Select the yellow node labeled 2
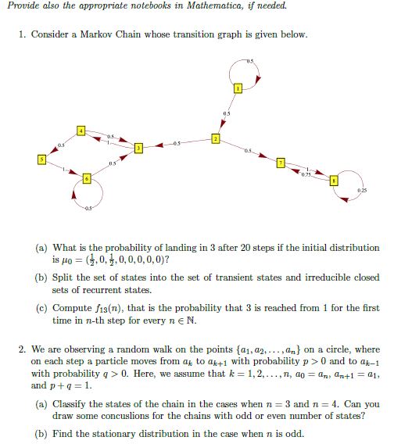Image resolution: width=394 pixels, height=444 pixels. coord(217,138)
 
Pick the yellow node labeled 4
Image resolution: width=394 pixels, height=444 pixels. coord(80,130)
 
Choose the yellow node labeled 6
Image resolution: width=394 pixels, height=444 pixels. coord(88,179)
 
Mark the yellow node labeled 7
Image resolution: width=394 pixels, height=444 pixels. coord(281,163)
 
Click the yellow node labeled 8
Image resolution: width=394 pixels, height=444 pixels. coord(334,178)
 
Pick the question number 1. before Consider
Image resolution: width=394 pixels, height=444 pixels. coord(21,35)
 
